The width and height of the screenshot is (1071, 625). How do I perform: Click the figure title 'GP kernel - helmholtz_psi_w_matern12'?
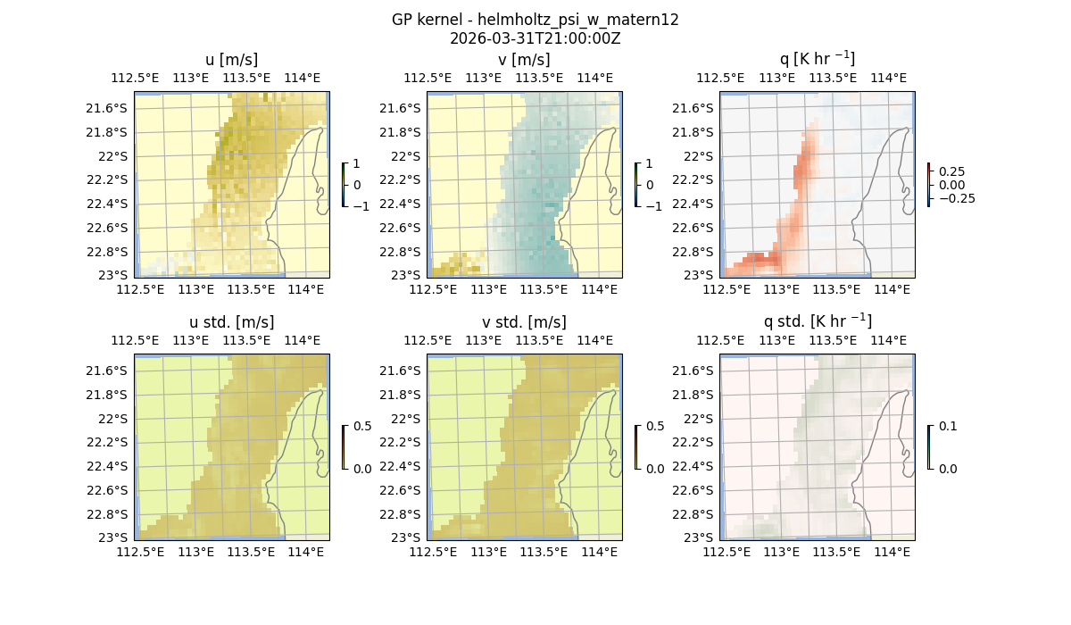(x=535, y=20)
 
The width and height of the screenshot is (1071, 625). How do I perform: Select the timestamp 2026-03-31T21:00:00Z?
(x=535, y=38)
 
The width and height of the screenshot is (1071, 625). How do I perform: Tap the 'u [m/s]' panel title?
(x=231, y=59)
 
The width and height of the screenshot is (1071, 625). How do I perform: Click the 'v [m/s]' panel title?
(x=524, y=59)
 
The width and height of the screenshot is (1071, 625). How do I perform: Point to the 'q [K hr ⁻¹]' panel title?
(x=817, y=59)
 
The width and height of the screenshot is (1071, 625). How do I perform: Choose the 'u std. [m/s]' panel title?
(x=231, y=321)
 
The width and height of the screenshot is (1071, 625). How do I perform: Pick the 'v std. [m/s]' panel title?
(x=524, y=321)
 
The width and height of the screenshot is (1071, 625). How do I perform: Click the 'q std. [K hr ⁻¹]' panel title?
(x=817, y=321)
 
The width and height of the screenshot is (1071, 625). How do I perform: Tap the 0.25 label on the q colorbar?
(x=951, y=171)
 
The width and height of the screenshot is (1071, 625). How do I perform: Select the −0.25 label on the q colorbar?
(x=956, y=198)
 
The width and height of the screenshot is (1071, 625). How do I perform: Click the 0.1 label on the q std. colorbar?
(x=946, y=426)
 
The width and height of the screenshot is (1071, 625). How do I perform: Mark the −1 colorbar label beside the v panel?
(x=654, y=206)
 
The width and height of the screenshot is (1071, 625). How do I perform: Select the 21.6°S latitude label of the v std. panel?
(x=403, y=371)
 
